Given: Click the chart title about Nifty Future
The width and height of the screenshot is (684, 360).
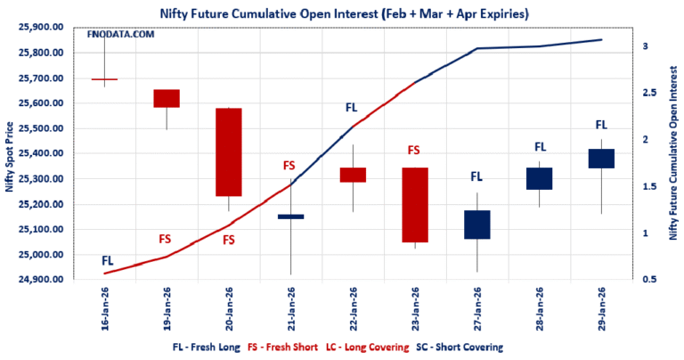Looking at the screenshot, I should click(x=342, y=12).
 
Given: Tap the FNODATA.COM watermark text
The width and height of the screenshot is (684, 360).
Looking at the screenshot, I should click(x=120, y=33).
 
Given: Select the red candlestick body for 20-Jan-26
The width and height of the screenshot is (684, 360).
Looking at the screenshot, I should click(x=229, y=152).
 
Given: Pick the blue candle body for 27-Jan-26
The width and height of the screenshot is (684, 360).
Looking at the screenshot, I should click(x=476, y=225).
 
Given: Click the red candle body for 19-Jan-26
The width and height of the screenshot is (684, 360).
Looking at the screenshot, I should click(x=167, y=98).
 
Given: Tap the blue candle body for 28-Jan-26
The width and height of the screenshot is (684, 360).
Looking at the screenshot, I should click(x=539, y=178).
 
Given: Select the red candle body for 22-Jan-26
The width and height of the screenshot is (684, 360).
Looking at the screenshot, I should click(x=353, y=175).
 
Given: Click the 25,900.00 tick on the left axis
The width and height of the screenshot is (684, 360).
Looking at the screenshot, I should click(x=42, y=28).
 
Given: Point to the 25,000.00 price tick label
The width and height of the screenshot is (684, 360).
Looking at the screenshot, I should click(x=42, y=255).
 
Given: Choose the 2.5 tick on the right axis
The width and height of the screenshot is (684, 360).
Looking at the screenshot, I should click(x=650, y=93).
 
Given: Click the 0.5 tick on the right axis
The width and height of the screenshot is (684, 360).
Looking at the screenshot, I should click(x=650, y=280).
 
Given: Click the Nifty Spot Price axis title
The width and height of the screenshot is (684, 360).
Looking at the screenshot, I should click(x=9, y=154).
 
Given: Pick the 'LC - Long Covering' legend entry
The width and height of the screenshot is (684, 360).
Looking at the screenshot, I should click(x=373, y=347).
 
